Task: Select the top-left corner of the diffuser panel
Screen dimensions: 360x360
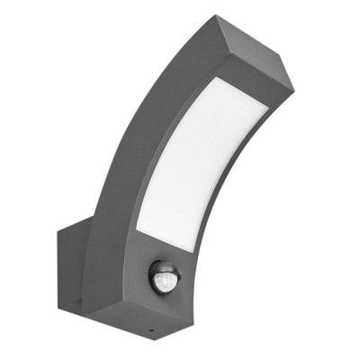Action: coord(216,77)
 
